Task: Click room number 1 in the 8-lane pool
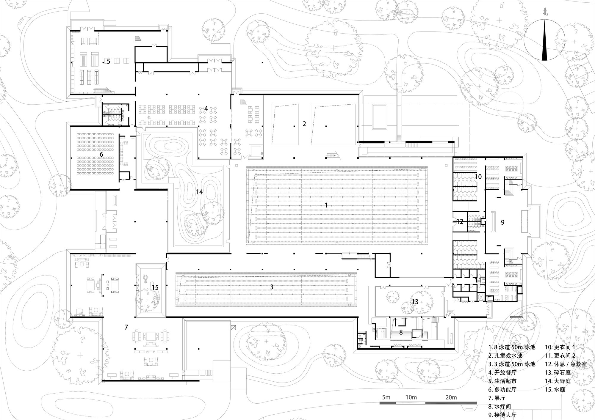coord(326,205)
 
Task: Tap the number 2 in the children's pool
coord(304,124)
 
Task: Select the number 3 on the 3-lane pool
coord(272,287)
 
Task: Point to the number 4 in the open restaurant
coord(206,109)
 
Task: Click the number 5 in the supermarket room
coord(108,61)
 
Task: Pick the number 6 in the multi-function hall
coord(101,154)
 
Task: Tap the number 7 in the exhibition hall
coord(126,327)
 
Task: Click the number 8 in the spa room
coord(401,332)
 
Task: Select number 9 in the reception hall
coord(503,222)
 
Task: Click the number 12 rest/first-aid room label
coord(460,221)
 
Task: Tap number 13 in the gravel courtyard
coord(415,302)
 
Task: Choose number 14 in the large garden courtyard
coord(199,192)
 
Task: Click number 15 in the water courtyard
coord(155,287)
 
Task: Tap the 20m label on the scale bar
coord(451,397)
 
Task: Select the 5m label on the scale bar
coord(386,397)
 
